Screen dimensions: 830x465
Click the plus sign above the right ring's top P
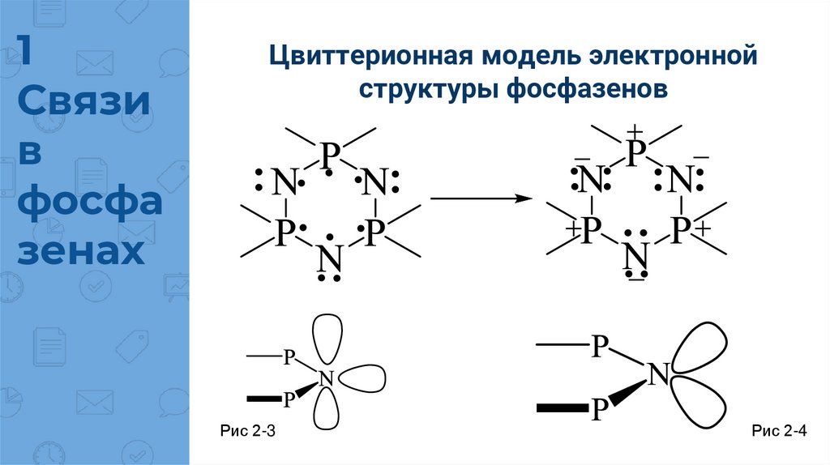coord(635,131)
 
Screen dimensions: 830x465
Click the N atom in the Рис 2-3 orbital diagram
coord(326,377)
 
